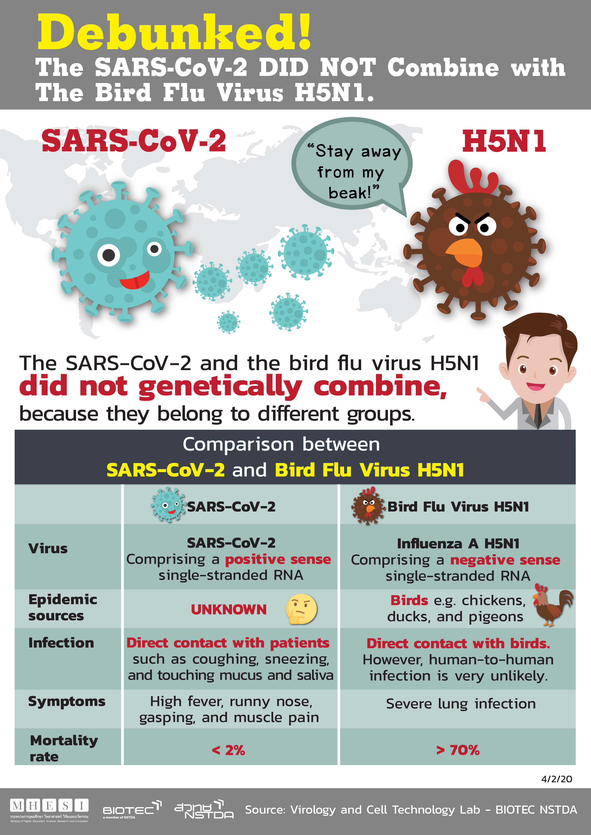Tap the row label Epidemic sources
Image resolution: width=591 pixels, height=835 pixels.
63,607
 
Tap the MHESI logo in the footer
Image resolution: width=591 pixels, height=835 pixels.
49,810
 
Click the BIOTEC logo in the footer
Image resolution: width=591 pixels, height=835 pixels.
132,809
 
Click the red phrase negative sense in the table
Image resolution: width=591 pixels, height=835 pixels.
505,560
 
